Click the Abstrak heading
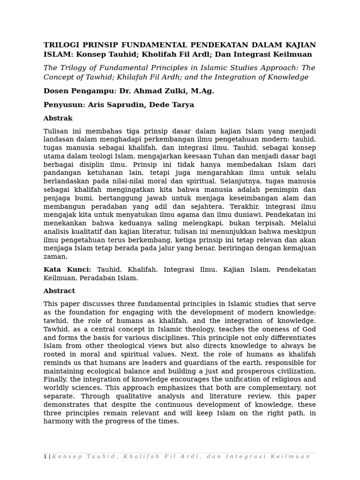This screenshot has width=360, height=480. (58, 119)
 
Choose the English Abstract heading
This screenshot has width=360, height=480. (59, 291)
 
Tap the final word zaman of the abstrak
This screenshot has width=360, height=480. (55, 257)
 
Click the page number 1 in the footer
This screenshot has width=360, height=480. (45, 457)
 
